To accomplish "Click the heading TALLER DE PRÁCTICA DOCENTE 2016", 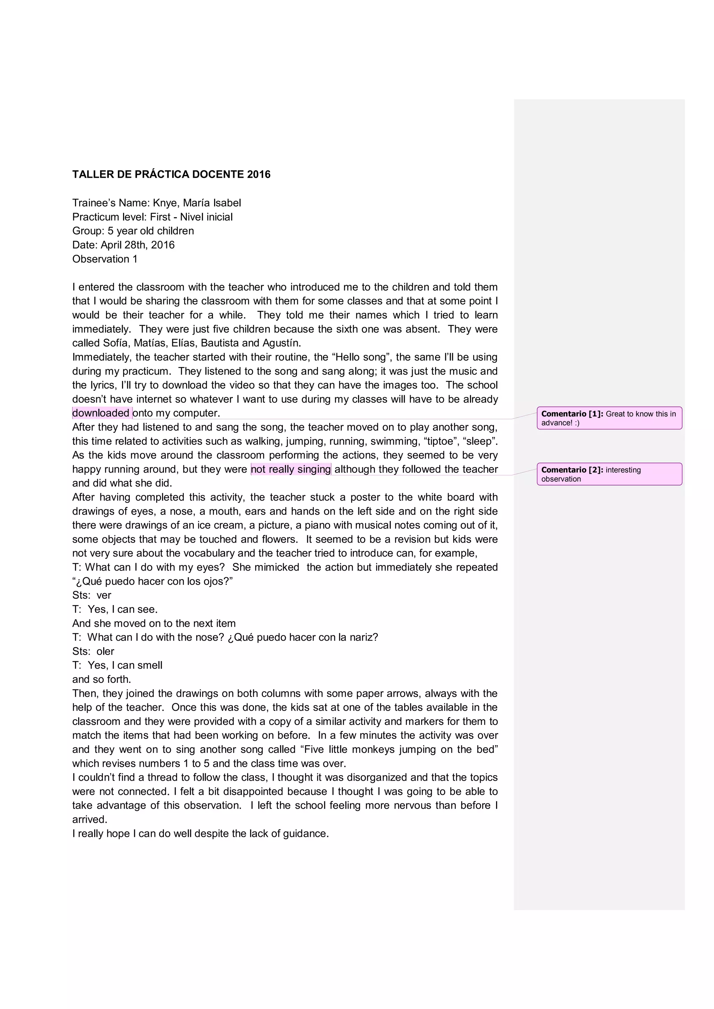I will [171, 175].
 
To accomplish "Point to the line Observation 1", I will [105, 259].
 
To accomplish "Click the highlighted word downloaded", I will [101, 413].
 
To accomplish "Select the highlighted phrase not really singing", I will [291, 469].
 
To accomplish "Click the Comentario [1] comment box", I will [609, 418].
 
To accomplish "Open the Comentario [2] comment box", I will [609, 474].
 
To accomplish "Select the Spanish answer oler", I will [106, 651].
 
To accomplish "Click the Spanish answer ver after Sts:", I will [104, 595].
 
